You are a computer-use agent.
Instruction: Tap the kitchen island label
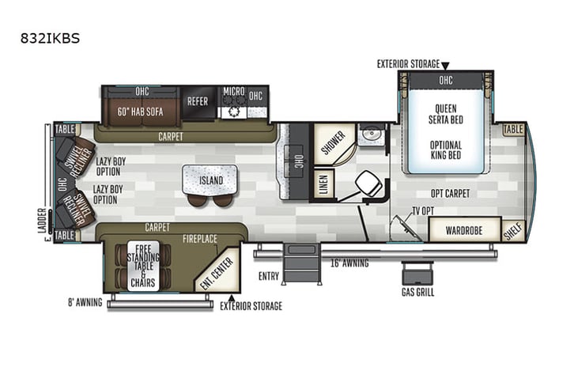pos(211,180)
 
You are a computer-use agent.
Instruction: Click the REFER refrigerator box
pos(197,102)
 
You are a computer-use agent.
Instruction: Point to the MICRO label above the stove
pos(232,91)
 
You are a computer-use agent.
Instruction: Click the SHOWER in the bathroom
pos(331,142)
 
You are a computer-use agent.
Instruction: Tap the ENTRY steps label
pos(269,276)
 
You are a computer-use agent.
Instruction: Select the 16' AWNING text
pos(349,263)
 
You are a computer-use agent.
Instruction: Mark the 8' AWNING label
pos(85,301)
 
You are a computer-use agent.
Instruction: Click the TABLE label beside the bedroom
pos(513,129)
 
